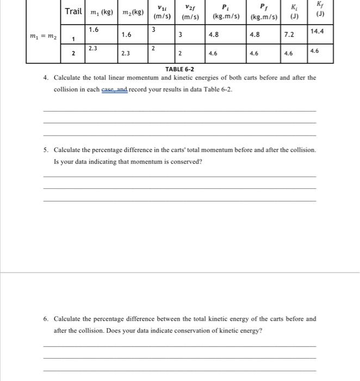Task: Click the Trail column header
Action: click(x=73, y=11)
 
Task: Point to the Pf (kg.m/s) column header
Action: click(x=264, y=11)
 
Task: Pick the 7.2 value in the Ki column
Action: click(x=289, y=35)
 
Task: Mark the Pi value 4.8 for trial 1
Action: click(x=214, y=35)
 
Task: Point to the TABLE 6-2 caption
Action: click(x=179, y=69)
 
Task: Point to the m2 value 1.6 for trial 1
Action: click(x=126, y=35)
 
